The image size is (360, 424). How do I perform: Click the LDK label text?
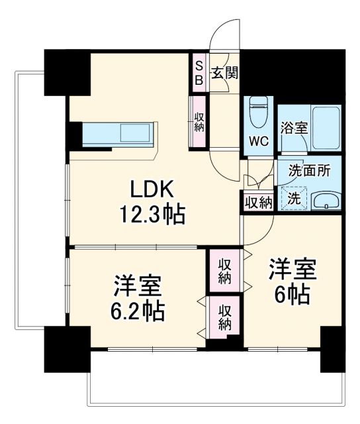[152, 190]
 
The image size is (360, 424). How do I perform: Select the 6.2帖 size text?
[138, 309]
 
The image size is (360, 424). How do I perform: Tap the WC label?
[257, 141]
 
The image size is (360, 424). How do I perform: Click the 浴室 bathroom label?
[293, 128]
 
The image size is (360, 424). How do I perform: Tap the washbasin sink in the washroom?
[325, 201]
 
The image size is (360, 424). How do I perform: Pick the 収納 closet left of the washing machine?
[257, 201]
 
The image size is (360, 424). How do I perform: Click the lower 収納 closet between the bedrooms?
[225, 316]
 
